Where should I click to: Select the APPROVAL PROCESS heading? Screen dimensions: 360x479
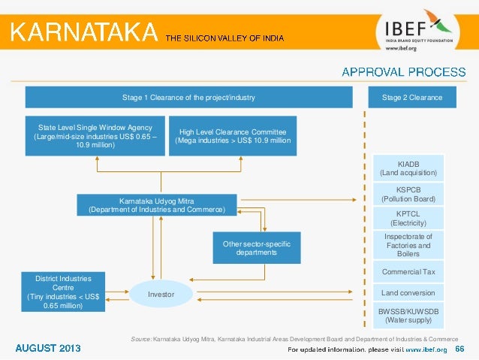[403, 72]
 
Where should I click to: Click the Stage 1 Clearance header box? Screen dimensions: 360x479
[188, 98]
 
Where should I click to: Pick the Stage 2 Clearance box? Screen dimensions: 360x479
[411, 98]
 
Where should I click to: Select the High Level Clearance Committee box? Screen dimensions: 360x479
[233, 136]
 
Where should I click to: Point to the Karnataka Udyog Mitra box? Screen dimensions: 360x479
[156, 205]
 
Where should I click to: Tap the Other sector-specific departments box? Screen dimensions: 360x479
[256, 248]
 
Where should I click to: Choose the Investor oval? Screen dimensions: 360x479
[161, 294]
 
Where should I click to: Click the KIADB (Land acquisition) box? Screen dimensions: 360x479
[408, 168]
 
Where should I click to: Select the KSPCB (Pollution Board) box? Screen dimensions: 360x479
[408, 194]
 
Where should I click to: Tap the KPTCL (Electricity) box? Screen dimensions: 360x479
[408, 218]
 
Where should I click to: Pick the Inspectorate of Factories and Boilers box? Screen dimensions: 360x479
[408, 245]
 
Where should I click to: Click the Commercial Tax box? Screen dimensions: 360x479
[408, 271]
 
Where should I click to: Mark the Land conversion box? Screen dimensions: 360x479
[408, 292]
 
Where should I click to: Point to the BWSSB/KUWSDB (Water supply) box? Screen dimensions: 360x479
[408, 315]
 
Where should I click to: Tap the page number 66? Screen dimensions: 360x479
[459, 349]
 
